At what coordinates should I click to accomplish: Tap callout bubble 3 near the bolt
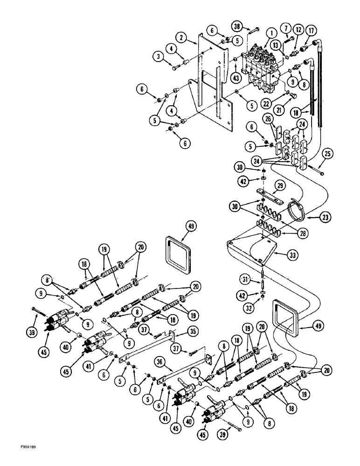point(159,57)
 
